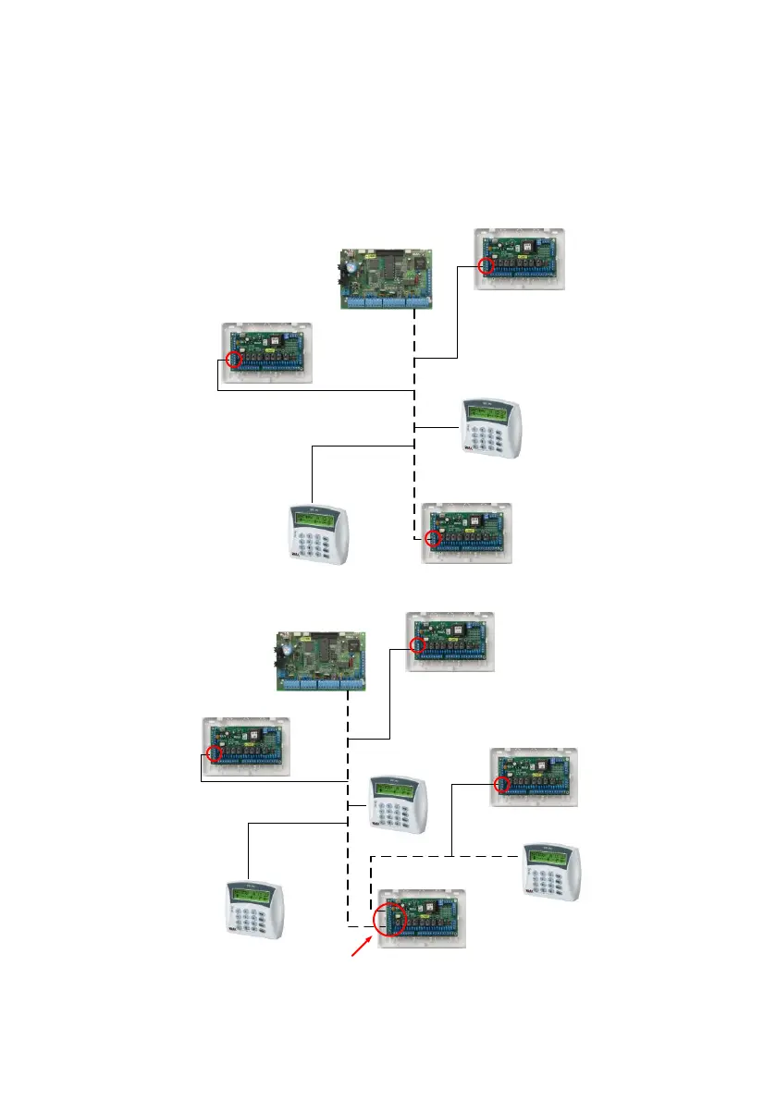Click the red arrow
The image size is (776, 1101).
click(x=362, y=949)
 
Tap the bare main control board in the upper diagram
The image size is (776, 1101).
click(x=387, y=275)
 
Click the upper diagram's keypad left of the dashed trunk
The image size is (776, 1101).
click(x=318, y=534)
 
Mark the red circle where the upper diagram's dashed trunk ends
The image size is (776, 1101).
click(x=430, y=538)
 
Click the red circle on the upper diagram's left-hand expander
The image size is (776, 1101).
click(x=235, y=360)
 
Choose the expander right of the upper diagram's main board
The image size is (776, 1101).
click(x=520, y=259)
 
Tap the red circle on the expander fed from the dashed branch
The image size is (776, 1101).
click(x=502, y=785)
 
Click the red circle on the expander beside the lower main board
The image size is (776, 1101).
click(x=418, y=646)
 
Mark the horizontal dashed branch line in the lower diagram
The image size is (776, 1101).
click(x=444, y=855)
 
